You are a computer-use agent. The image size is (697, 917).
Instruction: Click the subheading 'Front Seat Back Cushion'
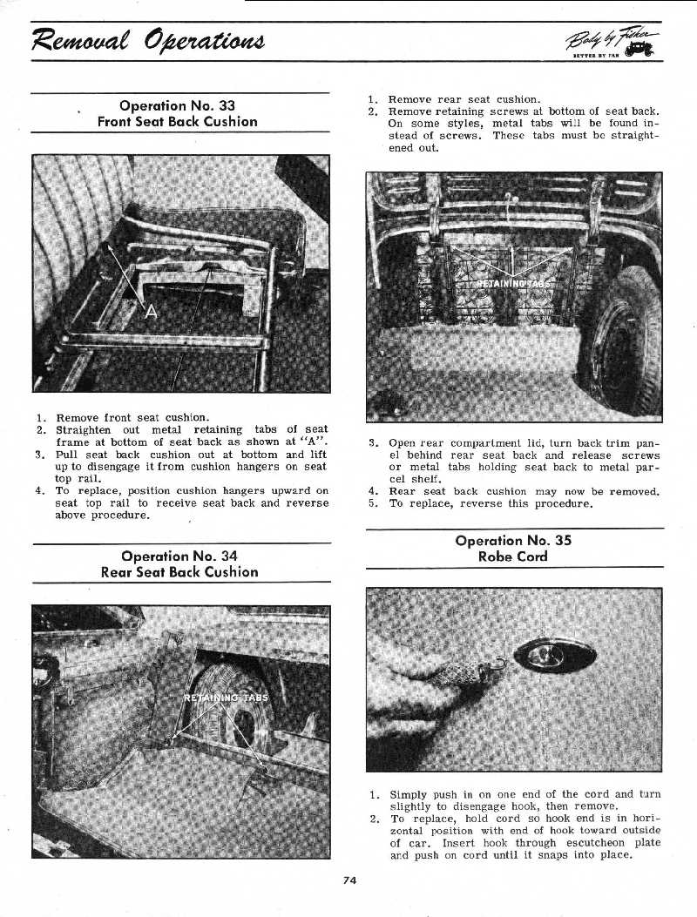point(178,122)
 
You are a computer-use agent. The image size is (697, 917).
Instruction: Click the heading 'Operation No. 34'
point(179,556)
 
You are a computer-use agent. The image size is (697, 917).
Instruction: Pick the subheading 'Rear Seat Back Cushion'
point(179,572)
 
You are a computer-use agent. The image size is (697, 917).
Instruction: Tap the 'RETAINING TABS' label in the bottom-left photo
point(227,698)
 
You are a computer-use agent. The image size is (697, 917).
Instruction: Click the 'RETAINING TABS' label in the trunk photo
point(514,283)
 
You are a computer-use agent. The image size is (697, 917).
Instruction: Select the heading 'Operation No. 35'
point(514,540)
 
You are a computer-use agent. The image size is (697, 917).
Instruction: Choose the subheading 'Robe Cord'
point(514,556)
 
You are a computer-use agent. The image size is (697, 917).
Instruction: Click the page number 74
point(349,880)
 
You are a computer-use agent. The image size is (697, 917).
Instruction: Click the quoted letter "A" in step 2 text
point(315,442)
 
